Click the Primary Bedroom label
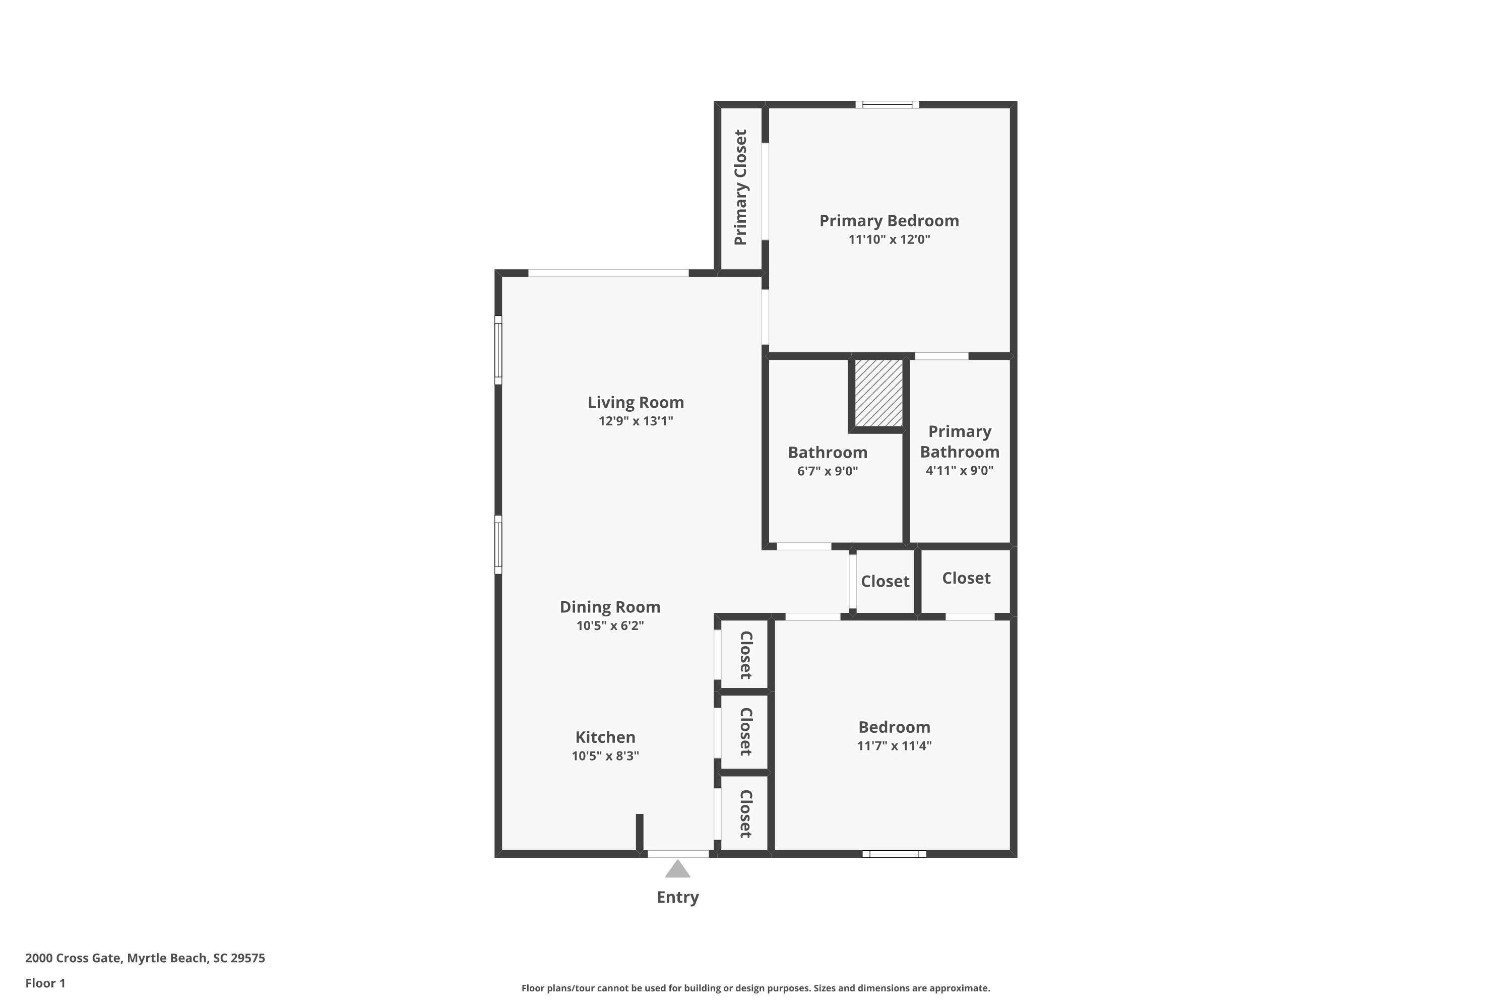tap(889, 221)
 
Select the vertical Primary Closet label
tap(740, 187)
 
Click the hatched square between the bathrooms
tap(878, 392)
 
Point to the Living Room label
tap(635, 402)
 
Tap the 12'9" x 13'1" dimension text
tap(635, 421)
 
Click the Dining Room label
tap(609, 607)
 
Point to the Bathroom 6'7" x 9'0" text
tap(828, 471)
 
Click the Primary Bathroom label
tap(959, 441)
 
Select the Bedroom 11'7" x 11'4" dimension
tap(894, 746)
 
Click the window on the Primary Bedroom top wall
tap(887, 105)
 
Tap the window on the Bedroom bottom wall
tap(894, 854)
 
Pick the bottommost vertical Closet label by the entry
tap(745, 814)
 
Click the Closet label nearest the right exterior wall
tap(966, 578)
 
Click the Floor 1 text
tap(45, 983)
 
